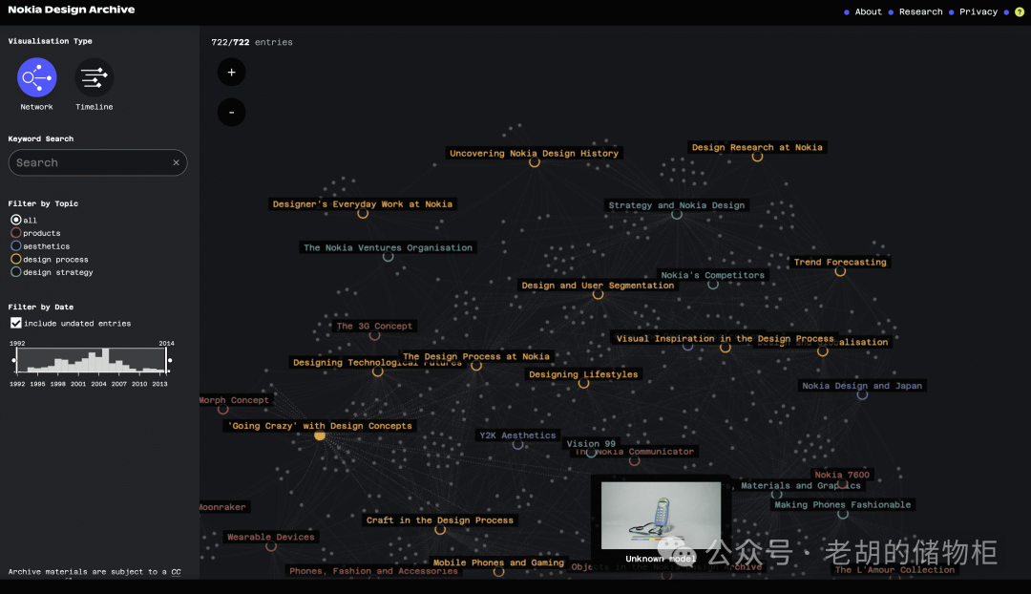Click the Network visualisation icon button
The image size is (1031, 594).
(37, 77)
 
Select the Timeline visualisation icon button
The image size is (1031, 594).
(94, 77)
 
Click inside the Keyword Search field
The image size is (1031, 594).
(91, 162)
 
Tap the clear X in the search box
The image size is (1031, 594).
(176, 163)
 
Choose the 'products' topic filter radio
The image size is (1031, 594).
(15, 233)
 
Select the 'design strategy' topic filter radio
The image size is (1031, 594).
(15, 272)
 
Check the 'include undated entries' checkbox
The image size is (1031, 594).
(15, 323)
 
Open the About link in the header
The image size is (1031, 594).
(868, 12)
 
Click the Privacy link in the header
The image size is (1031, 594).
(978, 12)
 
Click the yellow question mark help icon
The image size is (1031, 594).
(1020, 12)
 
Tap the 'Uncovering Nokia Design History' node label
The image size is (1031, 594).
(534, 153)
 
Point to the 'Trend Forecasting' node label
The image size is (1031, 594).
(840, 262)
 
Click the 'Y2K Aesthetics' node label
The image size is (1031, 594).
(516, 435)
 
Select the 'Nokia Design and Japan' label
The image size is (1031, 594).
(862, 386)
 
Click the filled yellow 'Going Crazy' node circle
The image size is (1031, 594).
(320, 435)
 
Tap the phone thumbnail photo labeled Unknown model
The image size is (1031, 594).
(661, 516)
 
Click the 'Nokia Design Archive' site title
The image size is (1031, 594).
(72, 10)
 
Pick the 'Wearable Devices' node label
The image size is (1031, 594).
(270, 537)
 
